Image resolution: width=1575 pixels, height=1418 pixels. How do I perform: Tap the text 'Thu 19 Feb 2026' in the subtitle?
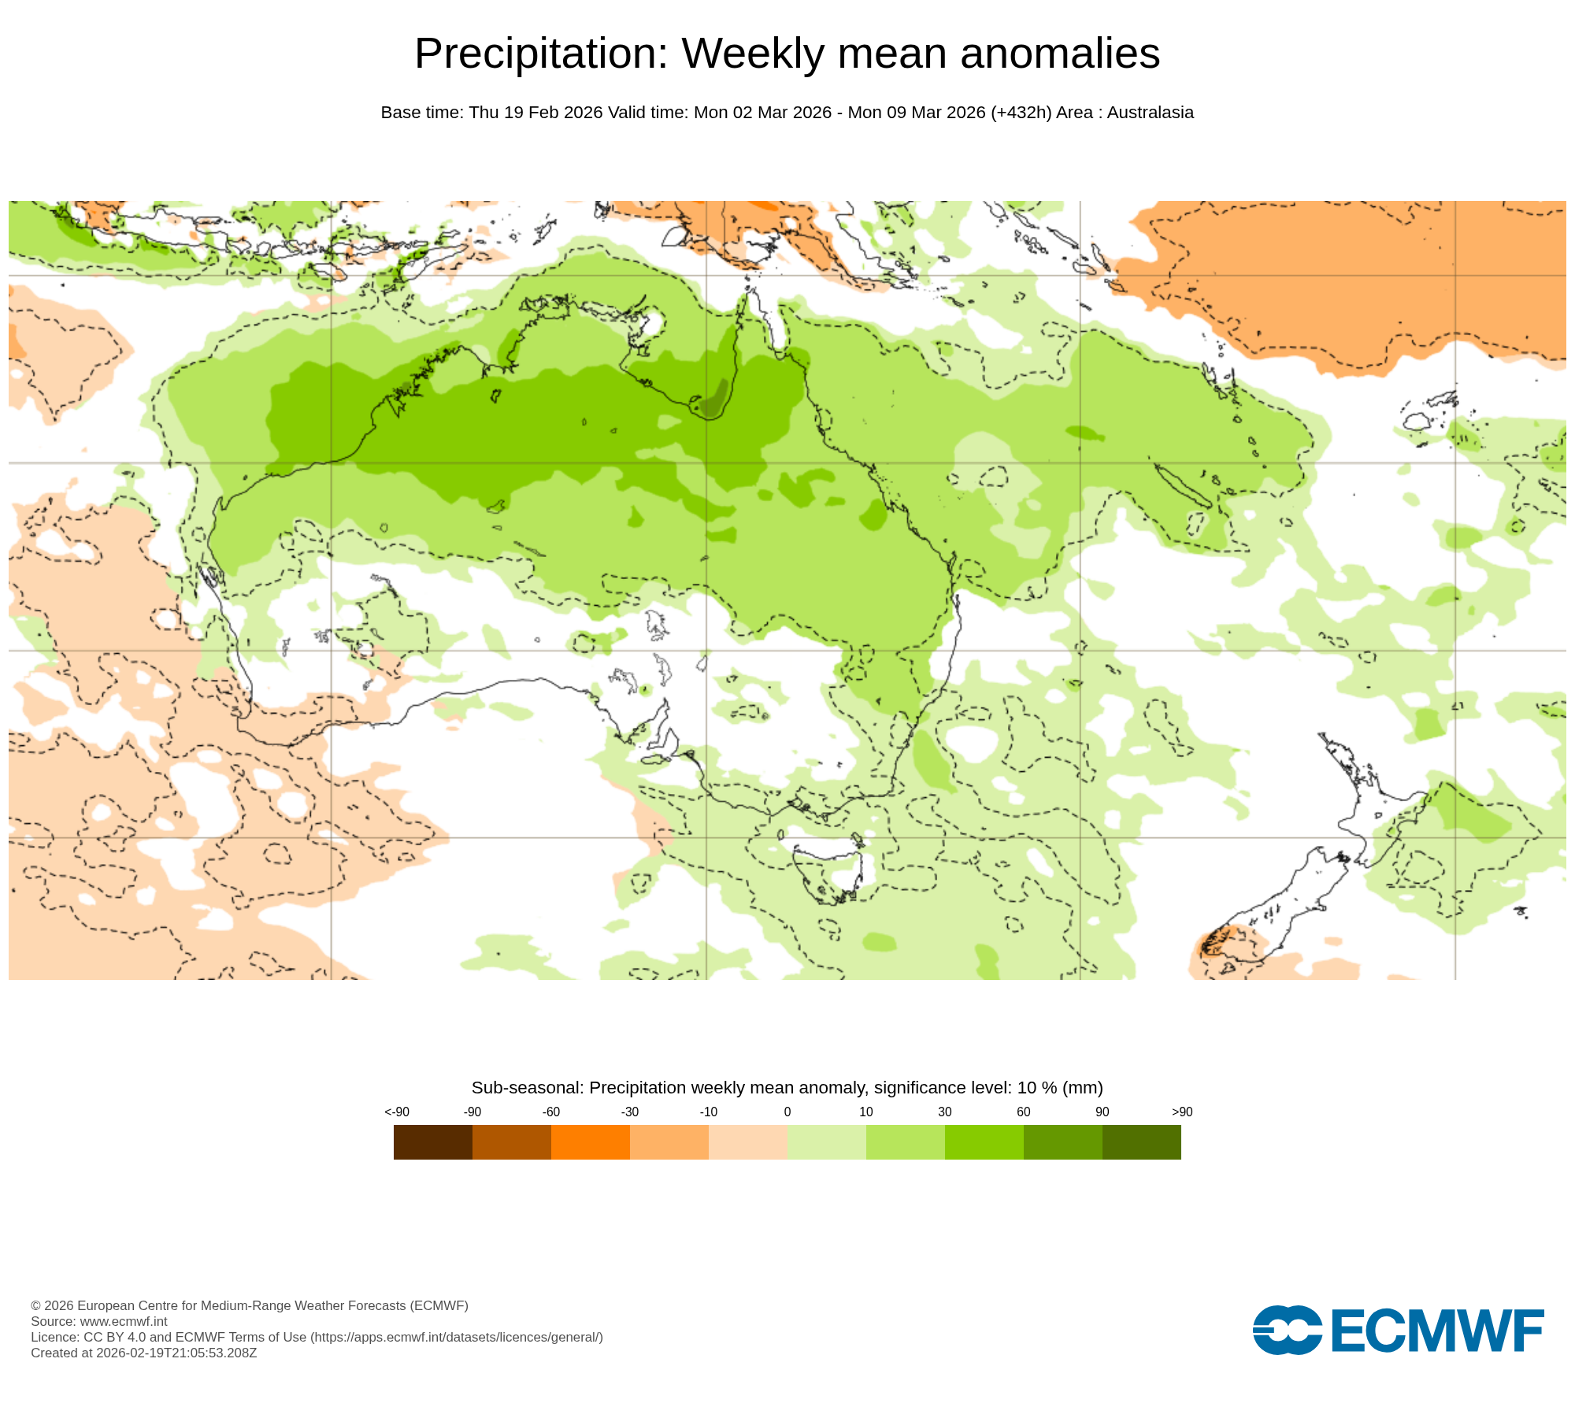[x=535, y=113]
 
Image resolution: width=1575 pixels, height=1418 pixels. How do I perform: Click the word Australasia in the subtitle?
[x=1150, y=113]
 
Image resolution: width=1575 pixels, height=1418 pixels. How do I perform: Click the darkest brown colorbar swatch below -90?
[x=432, y=1141]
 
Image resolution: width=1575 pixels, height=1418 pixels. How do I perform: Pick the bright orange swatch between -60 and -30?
[x=590, y=1141]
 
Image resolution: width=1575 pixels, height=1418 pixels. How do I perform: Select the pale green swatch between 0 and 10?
[x=826, y=1141]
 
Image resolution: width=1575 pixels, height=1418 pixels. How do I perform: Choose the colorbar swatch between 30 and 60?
[x=984, y=1141]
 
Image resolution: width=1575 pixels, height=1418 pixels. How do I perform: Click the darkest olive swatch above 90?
[x=1141, y=1141]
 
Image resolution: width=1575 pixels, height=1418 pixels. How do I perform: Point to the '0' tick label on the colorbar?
[x=787, y=1112]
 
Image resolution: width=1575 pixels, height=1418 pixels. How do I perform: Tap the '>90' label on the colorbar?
[x=1181, y=1112]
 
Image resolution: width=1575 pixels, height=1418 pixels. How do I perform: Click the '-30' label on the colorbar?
[x=629, y=1112]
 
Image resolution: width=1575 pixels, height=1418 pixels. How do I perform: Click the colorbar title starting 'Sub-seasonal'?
[x=787, y=1087]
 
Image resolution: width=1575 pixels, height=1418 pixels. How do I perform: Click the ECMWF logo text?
[x=1436, y=1331]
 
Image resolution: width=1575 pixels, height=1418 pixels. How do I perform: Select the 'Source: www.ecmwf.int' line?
[x=99, y=1321]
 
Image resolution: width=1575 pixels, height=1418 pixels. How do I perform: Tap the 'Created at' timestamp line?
[x=143, y=1353]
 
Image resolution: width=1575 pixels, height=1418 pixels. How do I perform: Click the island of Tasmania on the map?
[x=827, y=870]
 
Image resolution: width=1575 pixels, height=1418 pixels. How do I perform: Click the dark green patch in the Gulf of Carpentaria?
[x=715, y=398]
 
